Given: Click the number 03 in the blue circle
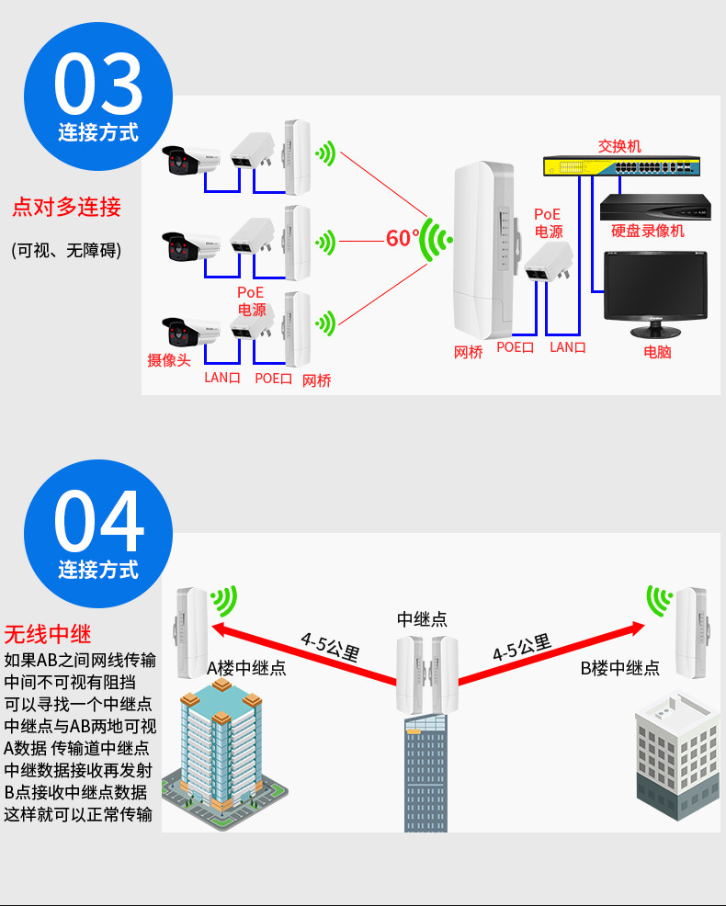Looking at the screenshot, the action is tap(98, 84).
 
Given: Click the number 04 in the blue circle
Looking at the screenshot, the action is tap(98, 521).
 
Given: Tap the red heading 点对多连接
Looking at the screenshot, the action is tap(66, 207).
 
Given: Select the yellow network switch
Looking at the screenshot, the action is tap(621, 166).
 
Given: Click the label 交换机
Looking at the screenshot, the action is tap(619, 146).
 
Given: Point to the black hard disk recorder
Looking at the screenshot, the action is tap(655, 208).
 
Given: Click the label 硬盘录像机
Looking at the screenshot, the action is tap(648, 232).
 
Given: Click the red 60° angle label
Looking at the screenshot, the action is tap(403, 237).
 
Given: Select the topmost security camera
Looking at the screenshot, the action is tap(191, 159).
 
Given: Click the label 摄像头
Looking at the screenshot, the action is tap(169, 360).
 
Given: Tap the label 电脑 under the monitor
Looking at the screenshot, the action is tap(657, 352).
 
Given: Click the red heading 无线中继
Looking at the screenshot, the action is tap(48, 634).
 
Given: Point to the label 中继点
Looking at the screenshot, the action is tap(422, 618).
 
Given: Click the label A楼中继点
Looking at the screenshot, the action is tap(246, 668).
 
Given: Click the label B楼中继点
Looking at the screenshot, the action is tap(619, 668).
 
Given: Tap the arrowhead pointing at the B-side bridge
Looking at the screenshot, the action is tap(637, 629).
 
